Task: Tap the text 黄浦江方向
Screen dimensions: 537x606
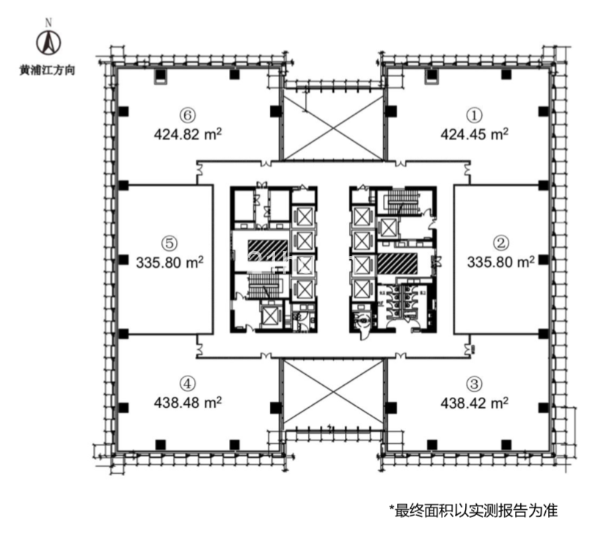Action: click(x=49, y=71)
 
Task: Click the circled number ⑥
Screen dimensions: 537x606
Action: click(x=189, y=114)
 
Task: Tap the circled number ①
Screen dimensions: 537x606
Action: click(x=475, y=114)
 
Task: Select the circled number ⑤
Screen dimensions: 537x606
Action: click(x=169, y=241)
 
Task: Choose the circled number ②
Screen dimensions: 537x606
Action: click(x=500, y=241)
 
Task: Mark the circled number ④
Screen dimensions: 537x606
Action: click(x=189, y=383)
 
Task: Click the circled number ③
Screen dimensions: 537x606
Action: click(x=475, y=383)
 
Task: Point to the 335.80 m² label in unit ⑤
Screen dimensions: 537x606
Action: click(x=169, y=260)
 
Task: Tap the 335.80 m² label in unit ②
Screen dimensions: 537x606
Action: click(x=501, y=260)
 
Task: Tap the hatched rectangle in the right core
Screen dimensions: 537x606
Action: click(x=396, y=263)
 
